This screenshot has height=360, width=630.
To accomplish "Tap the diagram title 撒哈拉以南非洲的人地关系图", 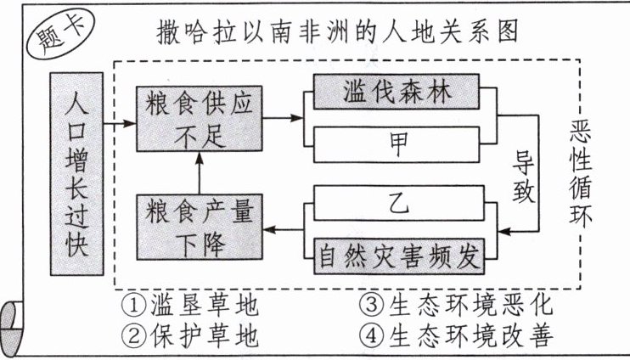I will tap(337, 34).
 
